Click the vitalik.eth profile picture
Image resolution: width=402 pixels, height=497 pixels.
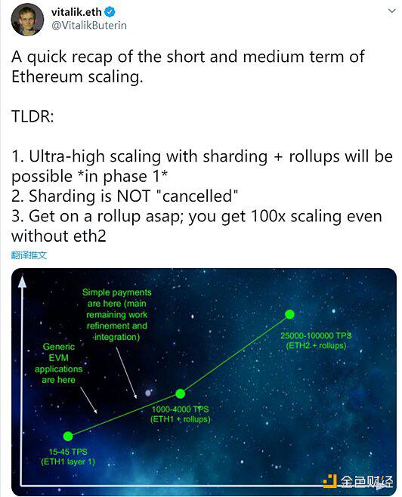27,20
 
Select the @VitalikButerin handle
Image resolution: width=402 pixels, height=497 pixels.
88,26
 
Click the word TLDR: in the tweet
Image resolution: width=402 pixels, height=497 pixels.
35,118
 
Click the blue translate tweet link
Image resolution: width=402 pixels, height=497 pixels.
29,255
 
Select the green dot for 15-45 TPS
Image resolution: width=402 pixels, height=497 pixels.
68,436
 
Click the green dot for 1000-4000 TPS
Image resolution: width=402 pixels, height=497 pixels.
181,393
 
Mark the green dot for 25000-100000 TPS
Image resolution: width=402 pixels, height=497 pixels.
289,313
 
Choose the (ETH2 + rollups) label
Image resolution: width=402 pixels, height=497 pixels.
316,345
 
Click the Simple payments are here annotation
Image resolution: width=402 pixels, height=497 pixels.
117,309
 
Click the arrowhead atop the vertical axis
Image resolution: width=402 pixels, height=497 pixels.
23,282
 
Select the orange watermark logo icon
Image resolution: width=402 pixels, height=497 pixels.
329,481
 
